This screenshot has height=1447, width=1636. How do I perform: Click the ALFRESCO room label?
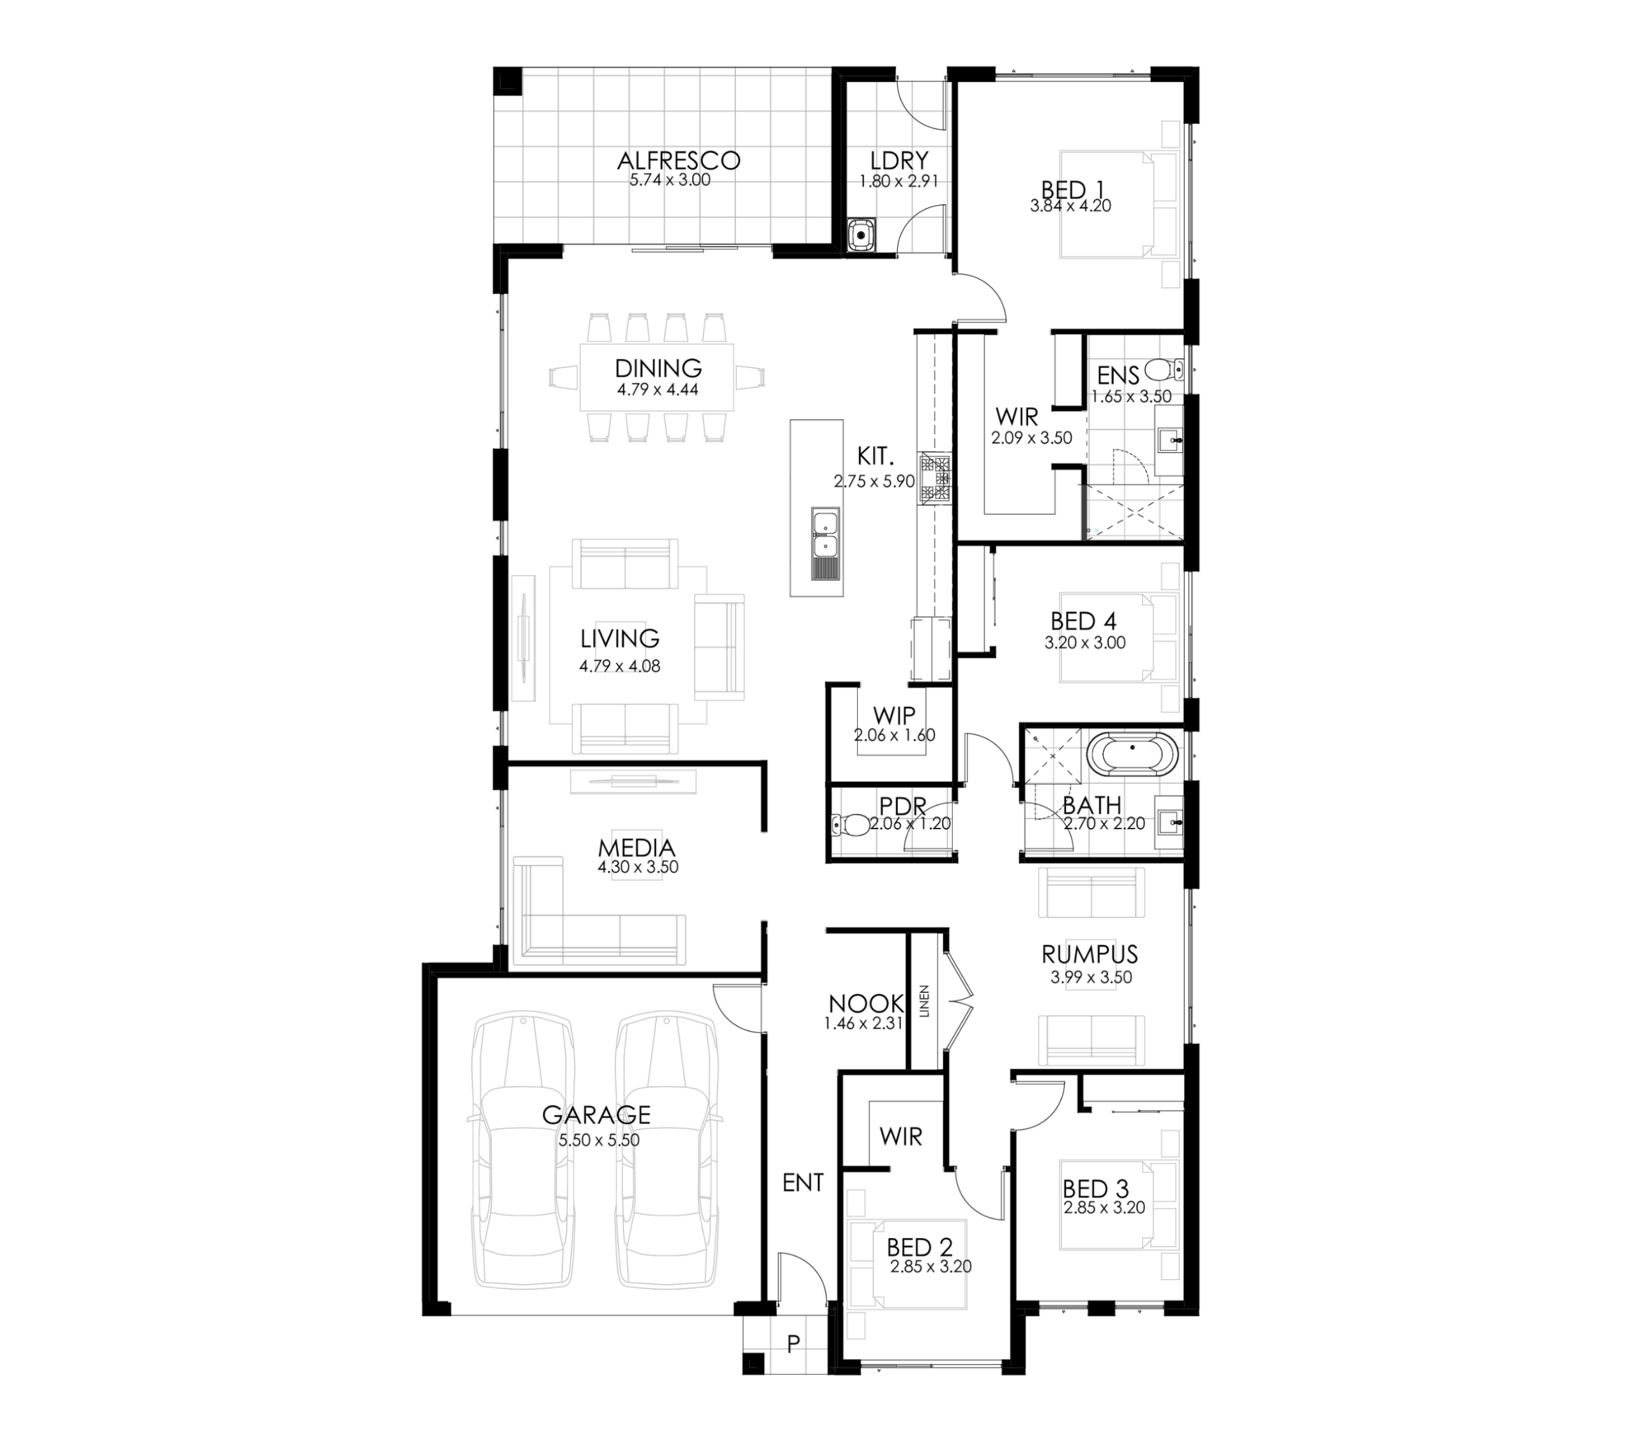[x=678, y=160]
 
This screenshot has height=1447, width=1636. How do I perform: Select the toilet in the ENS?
[x=1163, y=370]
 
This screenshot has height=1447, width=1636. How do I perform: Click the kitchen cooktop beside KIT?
[x=935, y=478]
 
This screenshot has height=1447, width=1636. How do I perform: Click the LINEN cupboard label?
[x=925, y=1001]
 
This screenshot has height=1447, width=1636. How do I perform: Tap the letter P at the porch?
[x=793, y=1344]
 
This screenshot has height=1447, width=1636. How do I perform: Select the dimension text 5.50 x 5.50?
[x=599, y=1140]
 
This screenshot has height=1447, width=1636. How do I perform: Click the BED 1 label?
[x=1072, y=190]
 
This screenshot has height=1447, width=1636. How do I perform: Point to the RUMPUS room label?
[x=1090, y=954]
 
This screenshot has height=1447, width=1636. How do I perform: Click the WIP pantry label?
[x=894, y=715]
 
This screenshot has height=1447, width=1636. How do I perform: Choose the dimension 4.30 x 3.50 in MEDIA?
[x=638, y=867]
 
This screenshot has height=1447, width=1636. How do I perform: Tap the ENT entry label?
[x=803, y=1183]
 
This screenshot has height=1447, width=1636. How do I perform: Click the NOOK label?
[x=865, y=1004]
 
